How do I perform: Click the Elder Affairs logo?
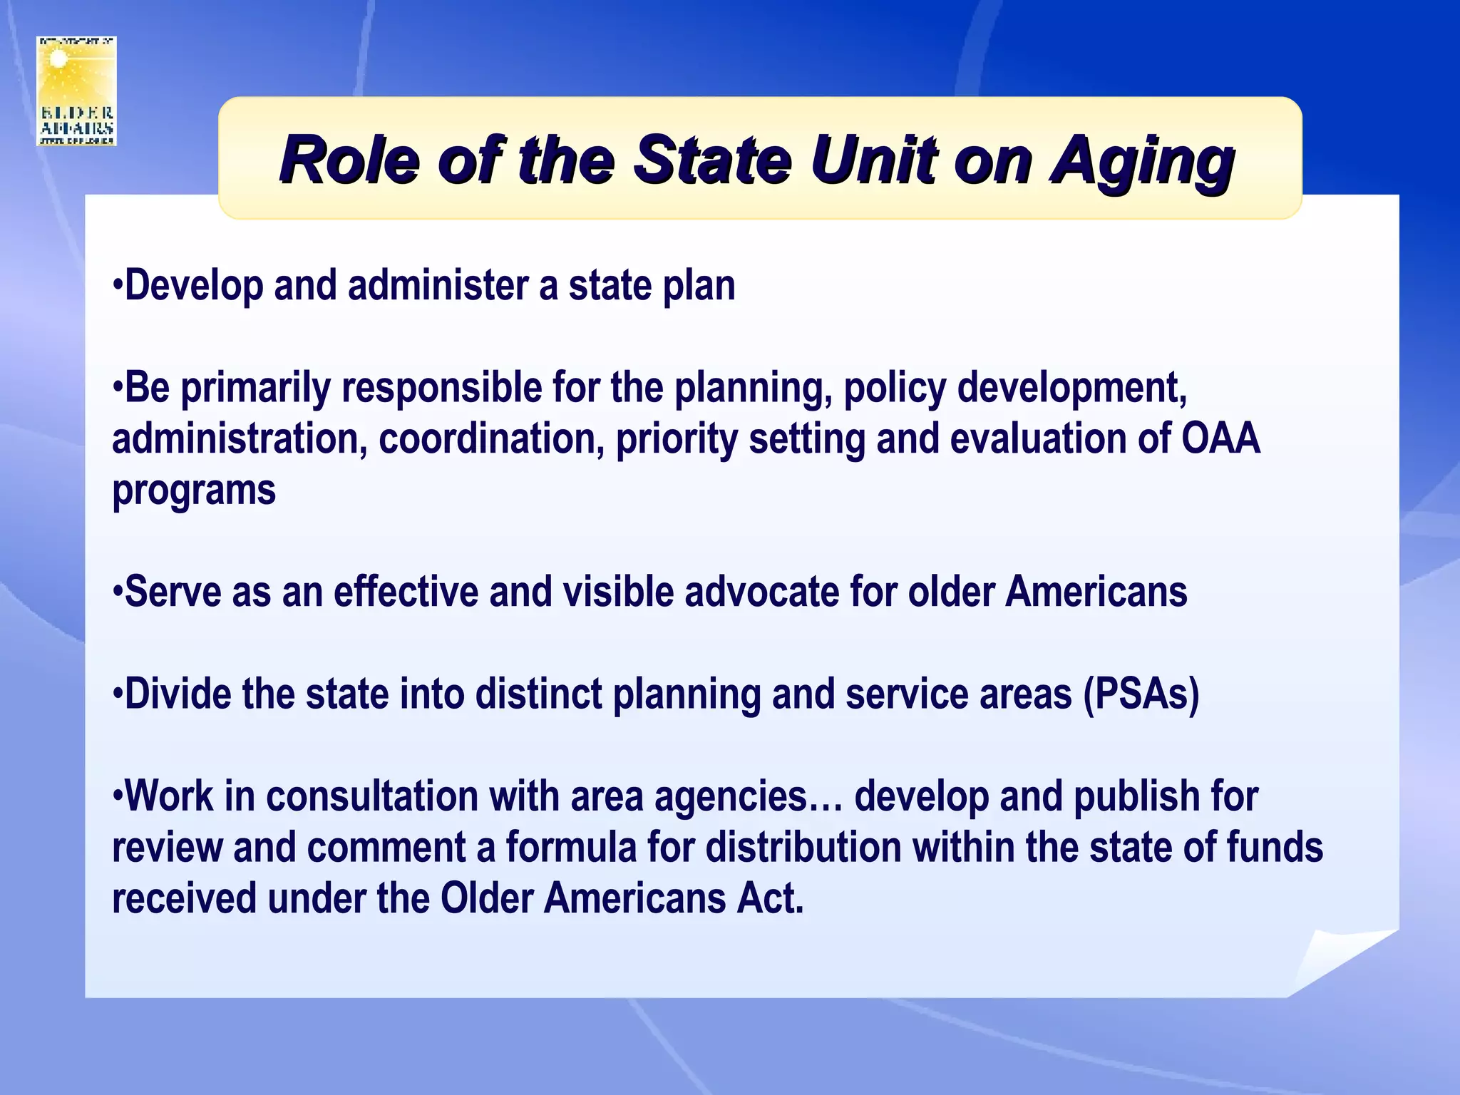tap(76, 91)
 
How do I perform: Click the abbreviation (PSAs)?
tap(1141, 694)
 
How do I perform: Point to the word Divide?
tap(178, 694)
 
